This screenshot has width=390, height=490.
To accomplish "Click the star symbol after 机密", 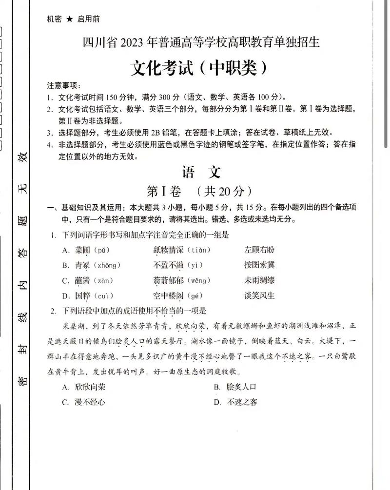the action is (x=69, y=19).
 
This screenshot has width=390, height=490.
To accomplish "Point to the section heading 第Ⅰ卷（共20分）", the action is (x=200, y=190).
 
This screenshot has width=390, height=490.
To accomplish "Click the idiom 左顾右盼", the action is (x=260, y=250).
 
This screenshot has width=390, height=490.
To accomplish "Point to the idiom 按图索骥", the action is (x=260, y=265).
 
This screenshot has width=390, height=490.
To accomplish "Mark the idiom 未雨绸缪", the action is (x=260, y=280).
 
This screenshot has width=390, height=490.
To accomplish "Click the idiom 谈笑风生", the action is (x=260, y=295).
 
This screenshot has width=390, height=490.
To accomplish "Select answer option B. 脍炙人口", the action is (x=235, y=388).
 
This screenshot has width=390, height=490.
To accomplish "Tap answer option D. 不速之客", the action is (x=235, y=402).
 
